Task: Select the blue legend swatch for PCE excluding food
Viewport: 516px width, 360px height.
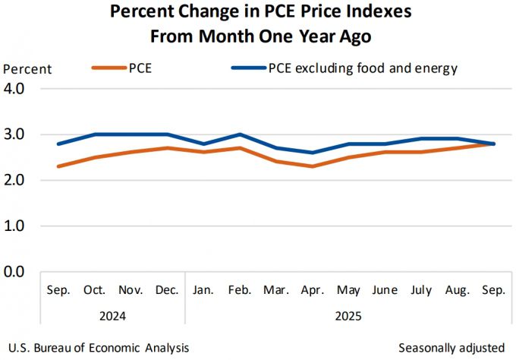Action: [247, 68]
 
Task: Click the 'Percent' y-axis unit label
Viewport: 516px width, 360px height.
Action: [27, 69]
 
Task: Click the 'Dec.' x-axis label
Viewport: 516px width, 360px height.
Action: [166, 290]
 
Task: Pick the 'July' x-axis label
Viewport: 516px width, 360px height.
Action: [421, 290]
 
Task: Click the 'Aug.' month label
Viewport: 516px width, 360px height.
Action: [458, 290]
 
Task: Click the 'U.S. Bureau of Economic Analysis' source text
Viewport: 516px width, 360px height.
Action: [99, 347]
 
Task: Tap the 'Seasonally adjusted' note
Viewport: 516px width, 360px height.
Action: [451, 347]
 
